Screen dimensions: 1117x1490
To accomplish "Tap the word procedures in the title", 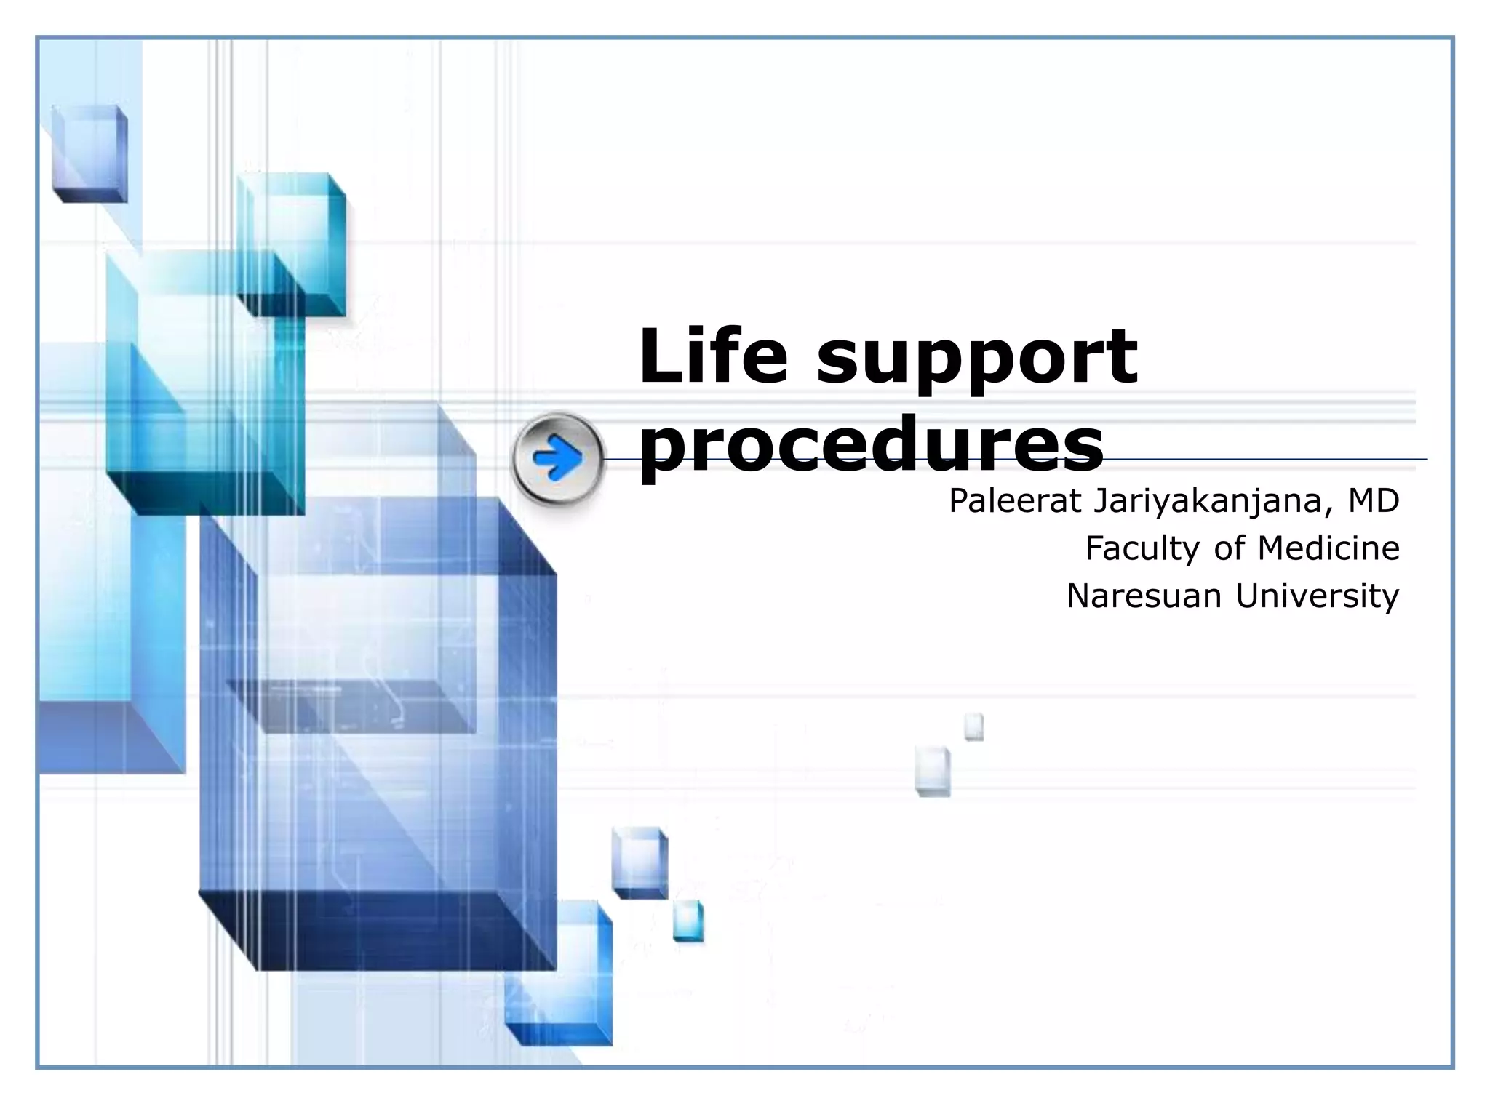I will [x=871, y=445].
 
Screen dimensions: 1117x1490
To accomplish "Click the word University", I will [x=1317, y=596].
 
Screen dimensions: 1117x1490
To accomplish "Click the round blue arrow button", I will [x=558, y=459].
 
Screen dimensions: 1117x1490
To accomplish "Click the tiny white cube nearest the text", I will [x=974, y=726].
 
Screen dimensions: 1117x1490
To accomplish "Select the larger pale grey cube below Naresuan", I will [x=933, y=771].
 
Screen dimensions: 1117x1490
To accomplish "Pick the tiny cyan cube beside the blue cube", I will [x=688, y=921].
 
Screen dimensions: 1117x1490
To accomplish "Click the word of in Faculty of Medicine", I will [x=1230, y=548].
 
